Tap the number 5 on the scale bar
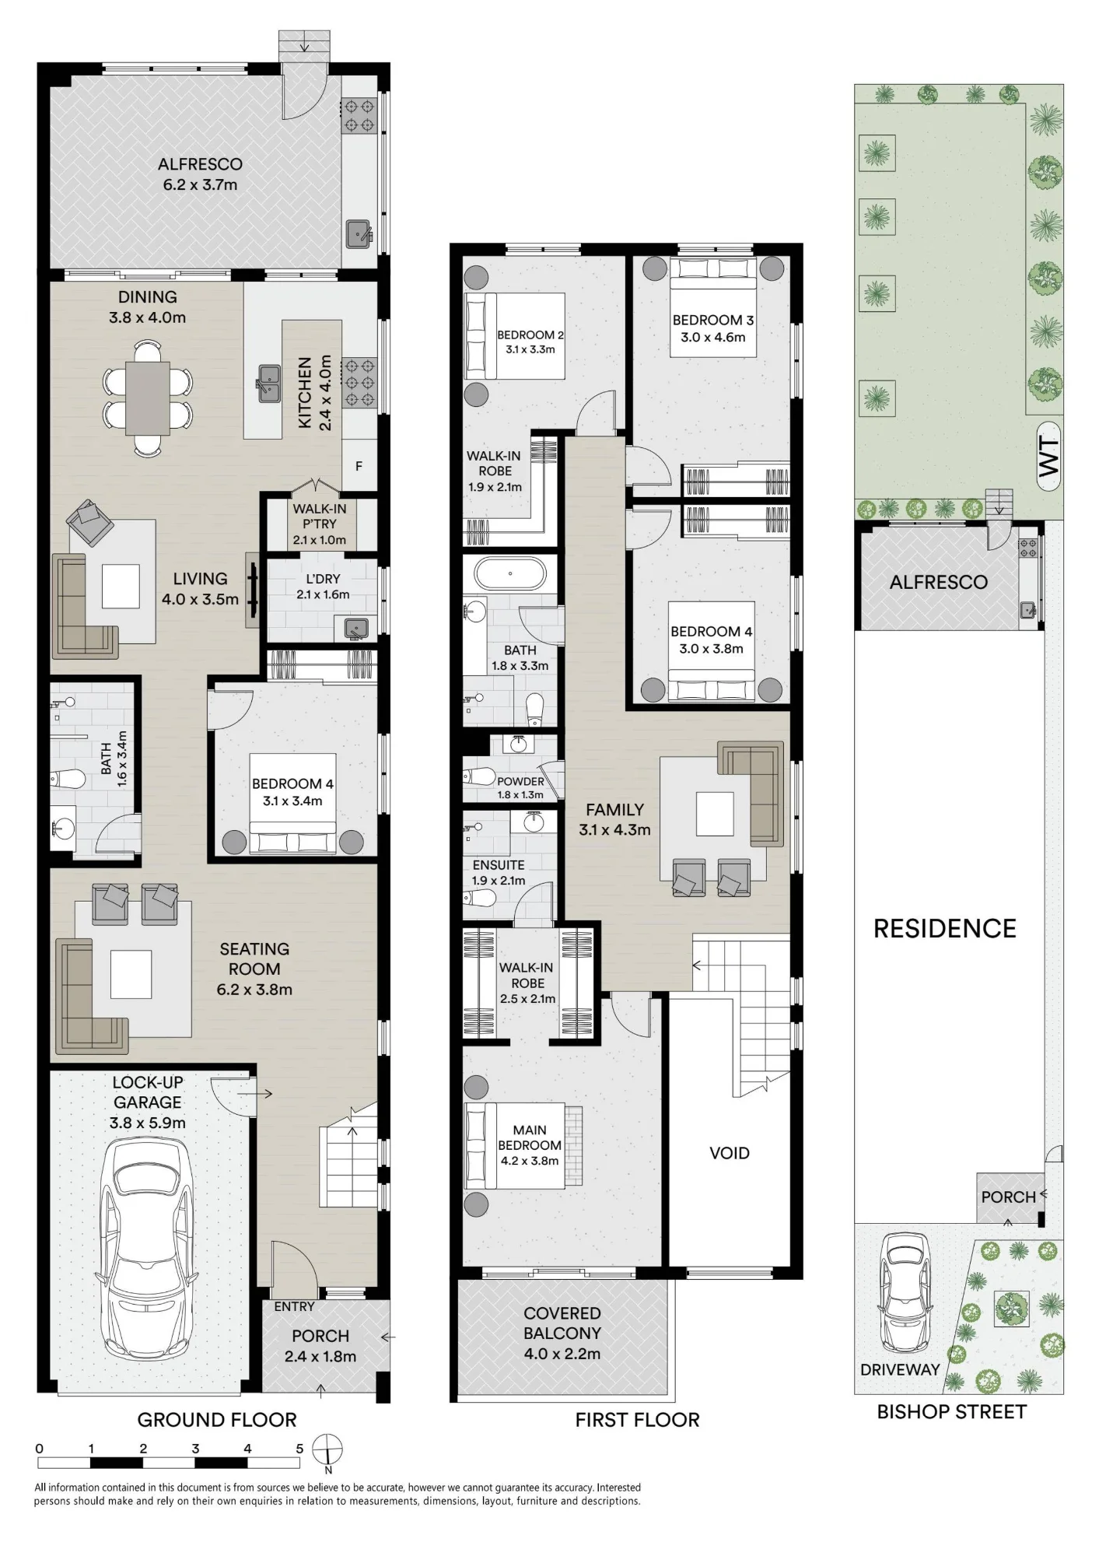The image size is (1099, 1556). pyautogui.click(x=299, y=1449)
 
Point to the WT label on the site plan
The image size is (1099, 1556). pyautogui.click(x=1049, y=457)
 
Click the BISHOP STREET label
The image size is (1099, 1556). pyautogui.click(x=951, y=1412)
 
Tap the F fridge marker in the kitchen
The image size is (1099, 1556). pyautogui.click(x=359, y=467)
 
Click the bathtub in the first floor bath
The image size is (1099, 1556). pyautogui.click(x=510, y=574)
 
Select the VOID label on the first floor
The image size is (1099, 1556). pyautogui.click(x=730, y=1153)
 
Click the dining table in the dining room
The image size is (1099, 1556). pyautogui.click(x=148, y=398)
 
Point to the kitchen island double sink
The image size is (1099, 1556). pyautogui.click(x=268, y=383)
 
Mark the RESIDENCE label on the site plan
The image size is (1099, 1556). pyautogui.click(x=945, y=928)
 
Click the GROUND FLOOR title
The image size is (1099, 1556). pyautogui.click(x=217, y=1420)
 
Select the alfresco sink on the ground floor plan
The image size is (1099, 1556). pyautogui.click(x=359, y=232)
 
